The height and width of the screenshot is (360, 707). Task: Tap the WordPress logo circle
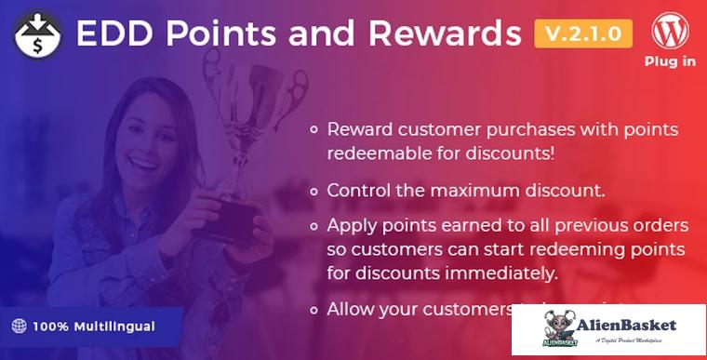[x=671, y=33]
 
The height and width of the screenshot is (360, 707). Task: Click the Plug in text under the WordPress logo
[x=671, y=62]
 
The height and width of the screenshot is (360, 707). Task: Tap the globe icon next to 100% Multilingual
[x=19, y=327]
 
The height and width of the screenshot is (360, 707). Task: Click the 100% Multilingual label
[x=94, y=327]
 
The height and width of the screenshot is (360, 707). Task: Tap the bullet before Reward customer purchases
[x=315, y=129]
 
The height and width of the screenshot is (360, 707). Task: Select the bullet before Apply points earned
[x=315, y=226]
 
